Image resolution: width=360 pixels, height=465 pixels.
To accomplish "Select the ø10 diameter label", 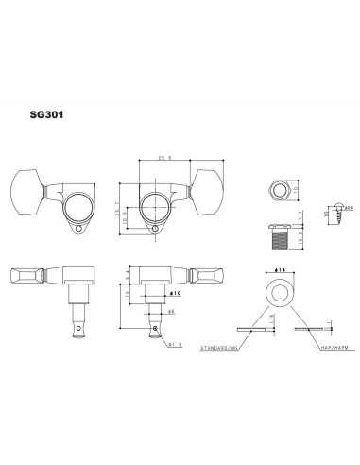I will point(176,294).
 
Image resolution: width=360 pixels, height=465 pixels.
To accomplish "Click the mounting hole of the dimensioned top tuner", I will point(156,225).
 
